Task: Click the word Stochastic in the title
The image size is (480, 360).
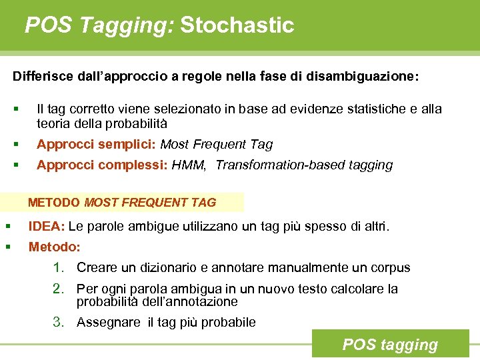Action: pos(237,25)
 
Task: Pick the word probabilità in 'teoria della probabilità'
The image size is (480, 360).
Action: pos(137,124)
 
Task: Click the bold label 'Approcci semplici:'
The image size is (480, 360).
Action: pos(97,145)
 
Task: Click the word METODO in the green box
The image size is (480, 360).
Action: pos(54,202)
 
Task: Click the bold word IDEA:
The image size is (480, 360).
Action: pos(46,227)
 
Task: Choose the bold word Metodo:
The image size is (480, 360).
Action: pos(54,247)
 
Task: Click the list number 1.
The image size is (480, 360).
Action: pos(59,268)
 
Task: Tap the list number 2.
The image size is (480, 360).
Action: pos(59,289)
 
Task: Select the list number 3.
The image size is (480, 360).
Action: pos(59,323)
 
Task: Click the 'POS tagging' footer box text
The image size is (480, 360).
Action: pos(390,345)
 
